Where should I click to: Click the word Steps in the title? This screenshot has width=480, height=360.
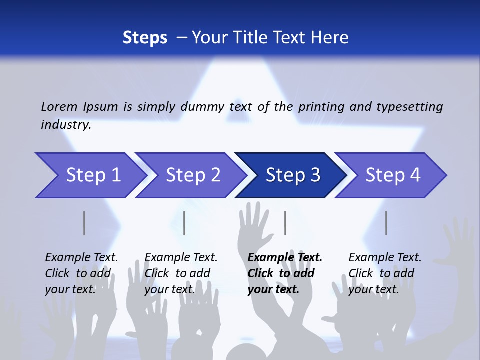click(145, 38)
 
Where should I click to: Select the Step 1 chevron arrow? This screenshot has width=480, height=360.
click(90, 175)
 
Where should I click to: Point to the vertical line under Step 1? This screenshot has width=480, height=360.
click(84, 223)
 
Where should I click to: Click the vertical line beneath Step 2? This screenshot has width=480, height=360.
click(184, 223)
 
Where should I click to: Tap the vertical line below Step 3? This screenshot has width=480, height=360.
click(285, 223)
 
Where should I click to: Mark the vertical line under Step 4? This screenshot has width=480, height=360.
click(386, 223)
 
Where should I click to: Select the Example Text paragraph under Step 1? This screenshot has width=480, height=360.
click(81, 273)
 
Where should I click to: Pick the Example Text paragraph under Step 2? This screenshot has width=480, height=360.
click(181, 273)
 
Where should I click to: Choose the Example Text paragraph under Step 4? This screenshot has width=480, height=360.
click(385, 273)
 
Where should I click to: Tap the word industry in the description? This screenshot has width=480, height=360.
click(65, 125)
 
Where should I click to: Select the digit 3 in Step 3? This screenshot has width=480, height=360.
click(314, 175)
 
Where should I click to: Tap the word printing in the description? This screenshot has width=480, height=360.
click(322, 107)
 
